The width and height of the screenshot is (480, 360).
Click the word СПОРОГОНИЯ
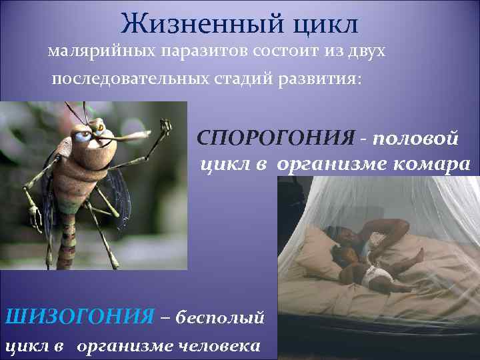pos(276,138)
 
